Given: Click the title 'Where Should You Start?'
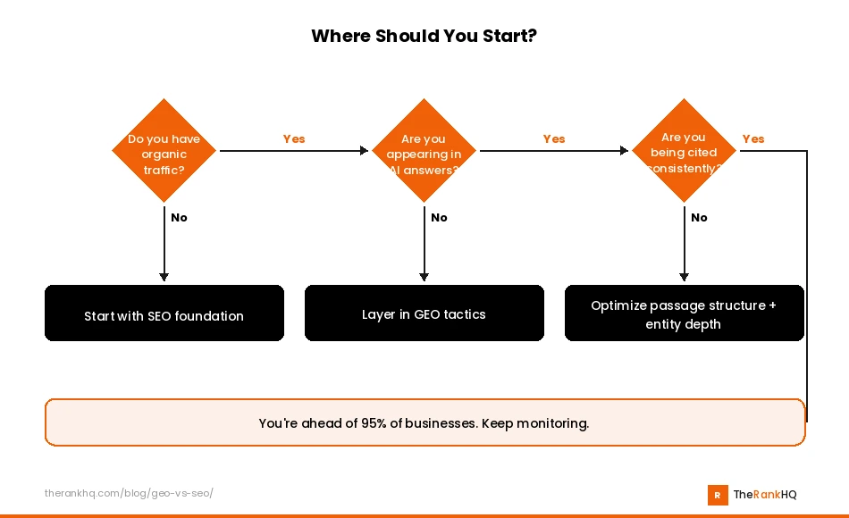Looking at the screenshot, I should [424, 37].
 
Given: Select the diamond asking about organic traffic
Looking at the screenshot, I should [164, 151].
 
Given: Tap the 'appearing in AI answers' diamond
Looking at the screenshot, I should [424, 151].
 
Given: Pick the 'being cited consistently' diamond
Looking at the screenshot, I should [684, 151].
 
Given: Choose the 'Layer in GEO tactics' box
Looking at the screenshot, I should [424, 314].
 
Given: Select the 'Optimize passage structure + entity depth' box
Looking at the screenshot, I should [684, 314].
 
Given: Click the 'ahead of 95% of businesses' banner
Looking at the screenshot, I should [424, 422].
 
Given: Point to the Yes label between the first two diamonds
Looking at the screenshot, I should [294, 138].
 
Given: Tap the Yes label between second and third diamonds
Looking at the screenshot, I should [554, 138].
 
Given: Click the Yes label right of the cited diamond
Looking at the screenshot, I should [753, 138].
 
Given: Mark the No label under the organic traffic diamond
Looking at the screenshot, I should [179, 217].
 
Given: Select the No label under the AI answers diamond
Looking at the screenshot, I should [439, 217].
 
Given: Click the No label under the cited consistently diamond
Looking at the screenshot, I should [699, 217].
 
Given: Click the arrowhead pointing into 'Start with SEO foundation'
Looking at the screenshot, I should [164, 277].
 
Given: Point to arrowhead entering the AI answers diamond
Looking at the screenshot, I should [364, 151].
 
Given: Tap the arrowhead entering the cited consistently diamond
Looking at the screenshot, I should [624, 151].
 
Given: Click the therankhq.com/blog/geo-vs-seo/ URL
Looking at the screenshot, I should [129, 493].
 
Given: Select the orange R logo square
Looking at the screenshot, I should [717, 495].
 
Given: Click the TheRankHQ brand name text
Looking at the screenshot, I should [765, 495].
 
